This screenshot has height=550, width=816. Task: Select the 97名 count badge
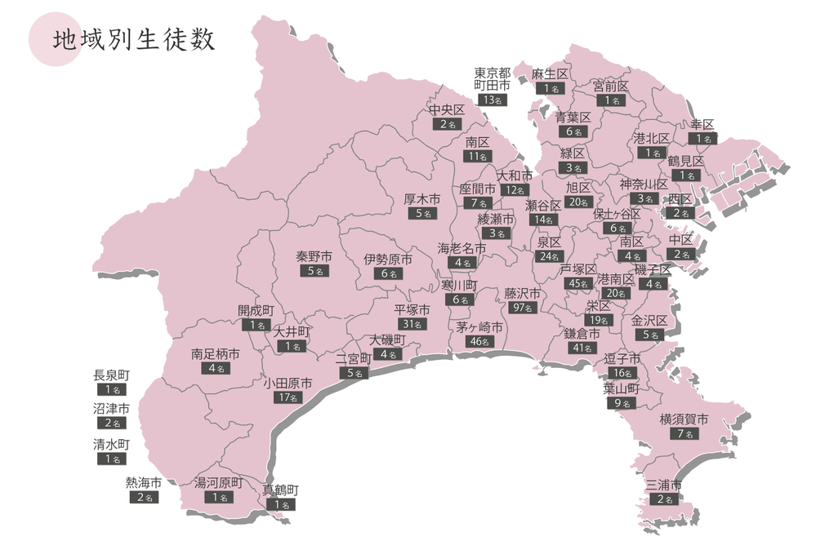[523, 308]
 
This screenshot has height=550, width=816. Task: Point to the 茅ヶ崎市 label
[479, 327]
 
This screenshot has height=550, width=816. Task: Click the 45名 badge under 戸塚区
[578, 283]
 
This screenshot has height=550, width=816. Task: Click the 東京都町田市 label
[493, 79]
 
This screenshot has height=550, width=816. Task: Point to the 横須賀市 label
[684, 419]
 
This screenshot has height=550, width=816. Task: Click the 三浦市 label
[663, 485]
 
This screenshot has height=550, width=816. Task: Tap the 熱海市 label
[143, 482]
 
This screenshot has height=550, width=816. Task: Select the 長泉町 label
[112, 375]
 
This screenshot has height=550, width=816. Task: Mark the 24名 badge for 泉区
[549, 256]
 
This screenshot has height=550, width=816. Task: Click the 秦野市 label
[314, 256]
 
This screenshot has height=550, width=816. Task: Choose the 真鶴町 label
[280, 490]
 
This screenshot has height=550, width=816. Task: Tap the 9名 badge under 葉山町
[622, 403]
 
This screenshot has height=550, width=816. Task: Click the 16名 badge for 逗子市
[622, 373]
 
